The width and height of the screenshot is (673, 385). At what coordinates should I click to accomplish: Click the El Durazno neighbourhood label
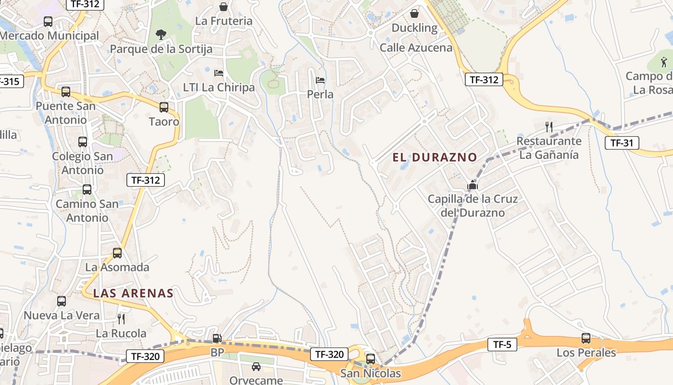tap(435, 157)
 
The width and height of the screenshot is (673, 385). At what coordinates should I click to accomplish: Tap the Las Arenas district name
tap(133, 293)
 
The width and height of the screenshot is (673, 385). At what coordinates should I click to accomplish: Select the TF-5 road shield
tap(502, 345)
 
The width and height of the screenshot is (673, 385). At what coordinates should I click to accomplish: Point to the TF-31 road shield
tap(622, 143)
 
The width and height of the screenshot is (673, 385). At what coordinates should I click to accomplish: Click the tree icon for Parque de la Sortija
tap(161, 35)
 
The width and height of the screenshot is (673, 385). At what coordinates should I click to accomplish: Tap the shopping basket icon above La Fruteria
tap(224, 7)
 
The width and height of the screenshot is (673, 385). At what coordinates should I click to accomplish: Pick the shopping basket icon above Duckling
tap(414, 14)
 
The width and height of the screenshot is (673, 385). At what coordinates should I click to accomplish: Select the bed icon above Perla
tap(320, 80)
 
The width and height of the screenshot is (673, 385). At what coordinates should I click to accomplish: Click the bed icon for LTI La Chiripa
tap(219, 73)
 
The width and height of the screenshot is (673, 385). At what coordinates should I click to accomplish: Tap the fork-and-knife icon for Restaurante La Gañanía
tap(549, 127)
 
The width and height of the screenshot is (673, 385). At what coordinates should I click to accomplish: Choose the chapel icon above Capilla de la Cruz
tap(473, 185)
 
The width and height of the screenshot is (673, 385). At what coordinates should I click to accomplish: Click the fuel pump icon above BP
tap(217, 338)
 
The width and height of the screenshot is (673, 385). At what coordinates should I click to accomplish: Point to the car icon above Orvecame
tap(256, 367)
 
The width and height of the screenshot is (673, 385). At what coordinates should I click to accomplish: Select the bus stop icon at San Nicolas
tap(370, 359)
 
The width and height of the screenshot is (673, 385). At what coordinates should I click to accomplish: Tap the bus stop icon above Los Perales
tap(586, 338)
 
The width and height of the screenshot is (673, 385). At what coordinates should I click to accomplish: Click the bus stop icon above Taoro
tap(164, 107)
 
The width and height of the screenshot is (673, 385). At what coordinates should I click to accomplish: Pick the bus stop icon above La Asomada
tap(117, 253)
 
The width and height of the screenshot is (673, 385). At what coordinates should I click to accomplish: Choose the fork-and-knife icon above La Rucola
tap(121, 319)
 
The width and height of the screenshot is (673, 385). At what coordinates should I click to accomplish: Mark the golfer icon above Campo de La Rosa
tap(664, 62)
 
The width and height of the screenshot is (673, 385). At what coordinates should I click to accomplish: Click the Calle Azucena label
tap(416, 48)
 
